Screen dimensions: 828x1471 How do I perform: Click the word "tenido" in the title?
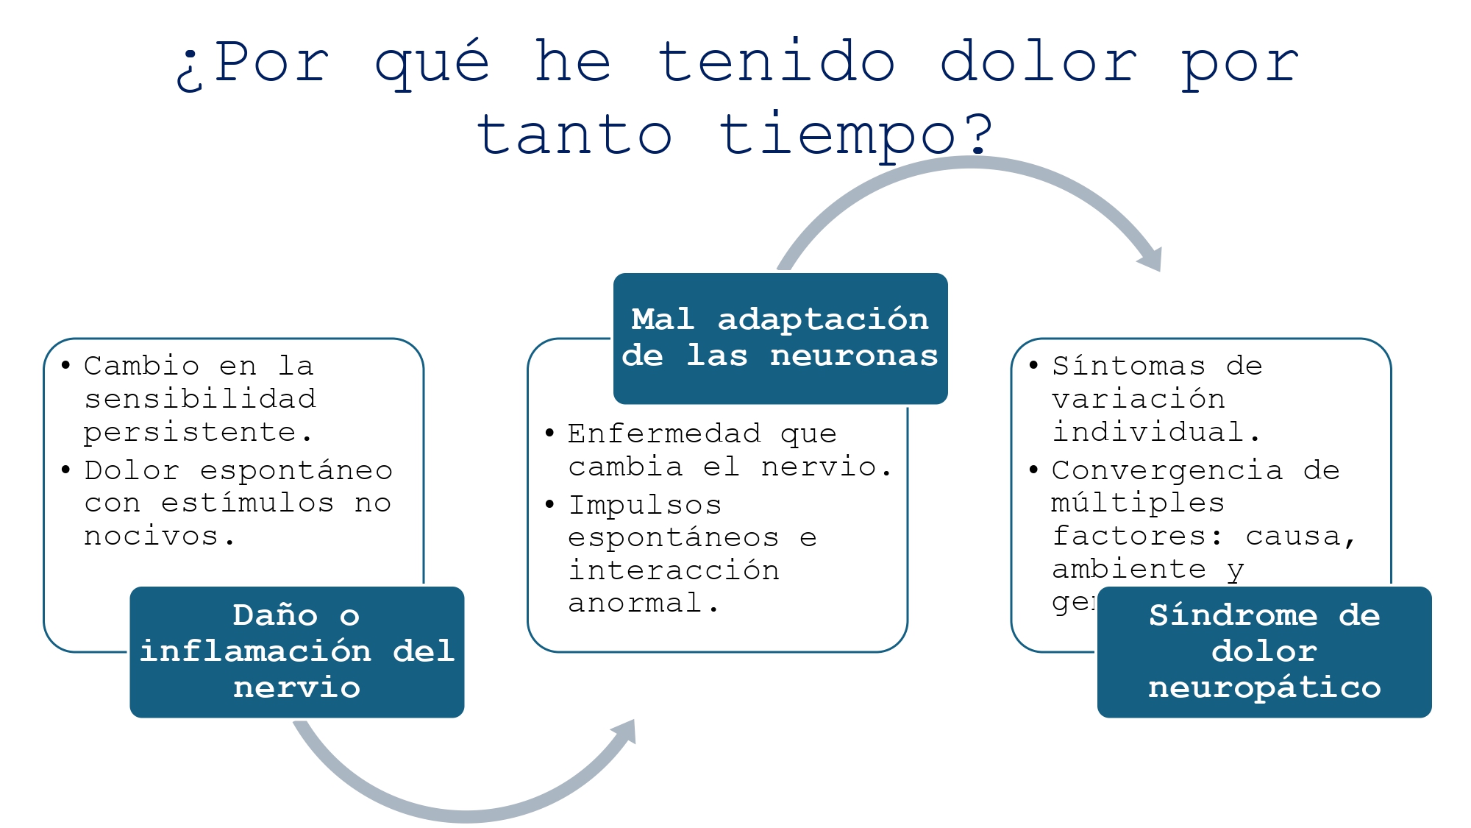point(777,62)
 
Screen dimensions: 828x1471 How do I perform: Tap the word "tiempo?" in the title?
point(857,135)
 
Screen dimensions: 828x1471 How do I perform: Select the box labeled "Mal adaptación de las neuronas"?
point(780,339)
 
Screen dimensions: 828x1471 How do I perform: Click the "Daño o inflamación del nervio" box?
point(297,651)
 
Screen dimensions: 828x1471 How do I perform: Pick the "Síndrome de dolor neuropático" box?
point(1264,651)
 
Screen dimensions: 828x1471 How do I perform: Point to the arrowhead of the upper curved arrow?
point(1151,258)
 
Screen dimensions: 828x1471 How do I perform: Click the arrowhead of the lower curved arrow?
point(625,732)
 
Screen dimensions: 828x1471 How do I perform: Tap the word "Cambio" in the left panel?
point(142,366)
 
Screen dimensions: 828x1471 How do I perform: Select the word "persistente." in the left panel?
point(198,432)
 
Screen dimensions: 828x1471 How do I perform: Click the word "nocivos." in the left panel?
point(160,536)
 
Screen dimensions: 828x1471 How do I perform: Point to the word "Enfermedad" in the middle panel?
point(664,434)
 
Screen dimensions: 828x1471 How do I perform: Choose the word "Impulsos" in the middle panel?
point(645,505)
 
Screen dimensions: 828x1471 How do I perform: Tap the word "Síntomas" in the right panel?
point(1129,366)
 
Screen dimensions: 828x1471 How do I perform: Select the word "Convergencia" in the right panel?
point(1167,470)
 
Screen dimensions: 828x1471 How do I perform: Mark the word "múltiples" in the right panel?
point(1138,503)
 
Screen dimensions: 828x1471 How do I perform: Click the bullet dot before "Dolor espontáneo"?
point(66,470)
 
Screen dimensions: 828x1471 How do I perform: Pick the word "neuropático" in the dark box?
point(1264,687)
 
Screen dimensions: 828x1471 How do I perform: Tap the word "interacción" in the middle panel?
point(674,570)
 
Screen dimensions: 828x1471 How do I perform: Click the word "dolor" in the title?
point(1039,62)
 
